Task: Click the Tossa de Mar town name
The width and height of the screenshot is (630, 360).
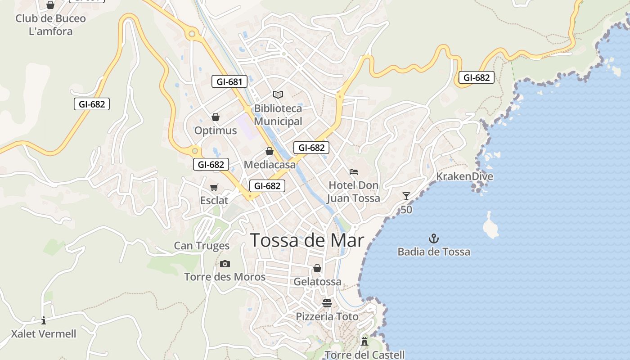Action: click(x=306, y=240)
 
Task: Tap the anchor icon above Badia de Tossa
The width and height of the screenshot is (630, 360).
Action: click(x=434, y=238)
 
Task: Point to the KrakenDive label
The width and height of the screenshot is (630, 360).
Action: click(x=464, y=176)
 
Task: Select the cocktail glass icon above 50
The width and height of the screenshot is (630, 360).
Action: click(x=406, y=196)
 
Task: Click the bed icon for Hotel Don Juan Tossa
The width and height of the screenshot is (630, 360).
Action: click(x=353, y=172)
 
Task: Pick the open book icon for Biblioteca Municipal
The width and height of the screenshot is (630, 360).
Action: click(x=278, y=94)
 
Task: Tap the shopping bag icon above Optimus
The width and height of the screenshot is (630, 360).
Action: click(x=216, y=117)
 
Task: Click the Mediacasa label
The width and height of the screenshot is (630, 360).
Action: click(x=270, y=165)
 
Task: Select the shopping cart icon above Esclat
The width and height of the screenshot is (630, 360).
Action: click(x=214, y=187)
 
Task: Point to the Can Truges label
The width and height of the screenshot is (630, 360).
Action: click(x=202, y=246)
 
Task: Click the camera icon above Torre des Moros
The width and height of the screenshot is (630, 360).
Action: click(x=225, y=264)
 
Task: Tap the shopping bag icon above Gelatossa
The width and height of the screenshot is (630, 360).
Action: click(x=317, y=268)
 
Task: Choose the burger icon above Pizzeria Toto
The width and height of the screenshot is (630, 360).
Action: click(x=327, y=303)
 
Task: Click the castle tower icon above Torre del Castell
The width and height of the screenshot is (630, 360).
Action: click(x=364, y=342)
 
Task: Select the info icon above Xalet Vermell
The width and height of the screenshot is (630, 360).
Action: click(x=44, y=320)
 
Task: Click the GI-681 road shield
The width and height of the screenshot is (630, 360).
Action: click(x=229, y=82)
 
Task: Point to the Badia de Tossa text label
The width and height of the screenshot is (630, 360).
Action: click(x=434, y=252)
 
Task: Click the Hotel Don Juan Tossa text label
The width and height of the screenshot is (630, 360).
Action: click(x=353, y=192)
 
